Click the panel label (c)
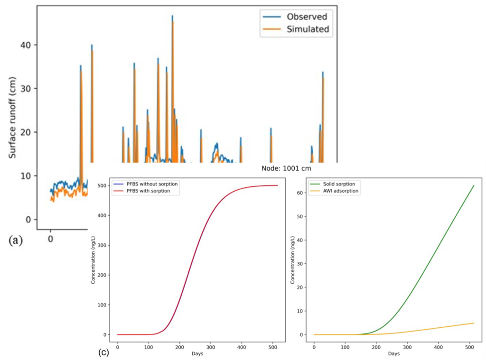tap(103, 352)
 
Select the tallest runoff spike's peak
tap(172, 16)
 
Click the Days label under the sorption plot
tap(393, 353)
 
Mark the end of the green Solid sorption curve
tap(474, 185)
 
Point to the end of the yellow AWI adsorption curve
tap(474, 323)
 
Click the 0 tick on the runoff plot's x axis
tap(50, 239)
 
